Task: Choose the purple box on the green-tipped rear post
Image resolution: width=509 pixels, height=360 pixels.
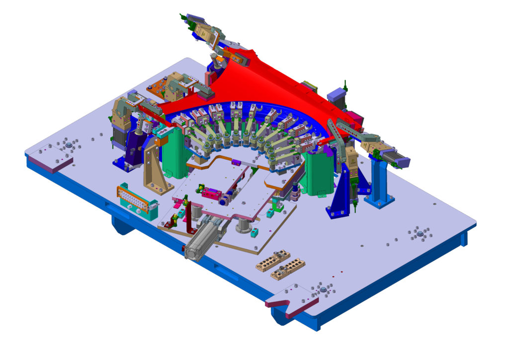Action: click(x=336, y=94)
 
